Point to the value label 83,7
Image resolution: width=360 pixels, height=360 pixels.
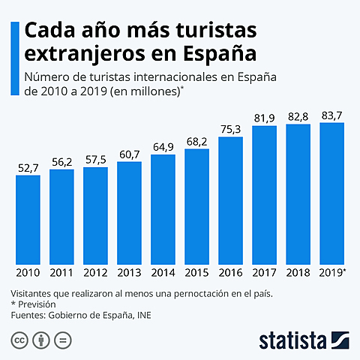[331, 114]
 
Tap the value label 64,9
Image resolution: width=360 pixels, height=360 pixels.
[163, 146]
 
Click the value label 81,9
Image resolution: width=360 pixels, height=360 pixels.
[264, 117]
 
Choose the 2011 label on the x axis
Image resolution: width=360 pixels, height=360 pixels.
[61, 273]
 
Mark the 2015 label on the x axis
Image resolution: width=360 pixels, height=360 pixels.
[196, 273]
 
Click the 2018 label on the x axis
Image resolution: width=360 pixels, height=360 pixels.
[298, 273]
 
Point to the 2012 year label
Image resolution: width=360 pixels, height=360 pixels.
[95, 273]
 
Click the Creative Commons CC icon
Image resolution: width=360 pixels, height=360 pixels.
[19, 340]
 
